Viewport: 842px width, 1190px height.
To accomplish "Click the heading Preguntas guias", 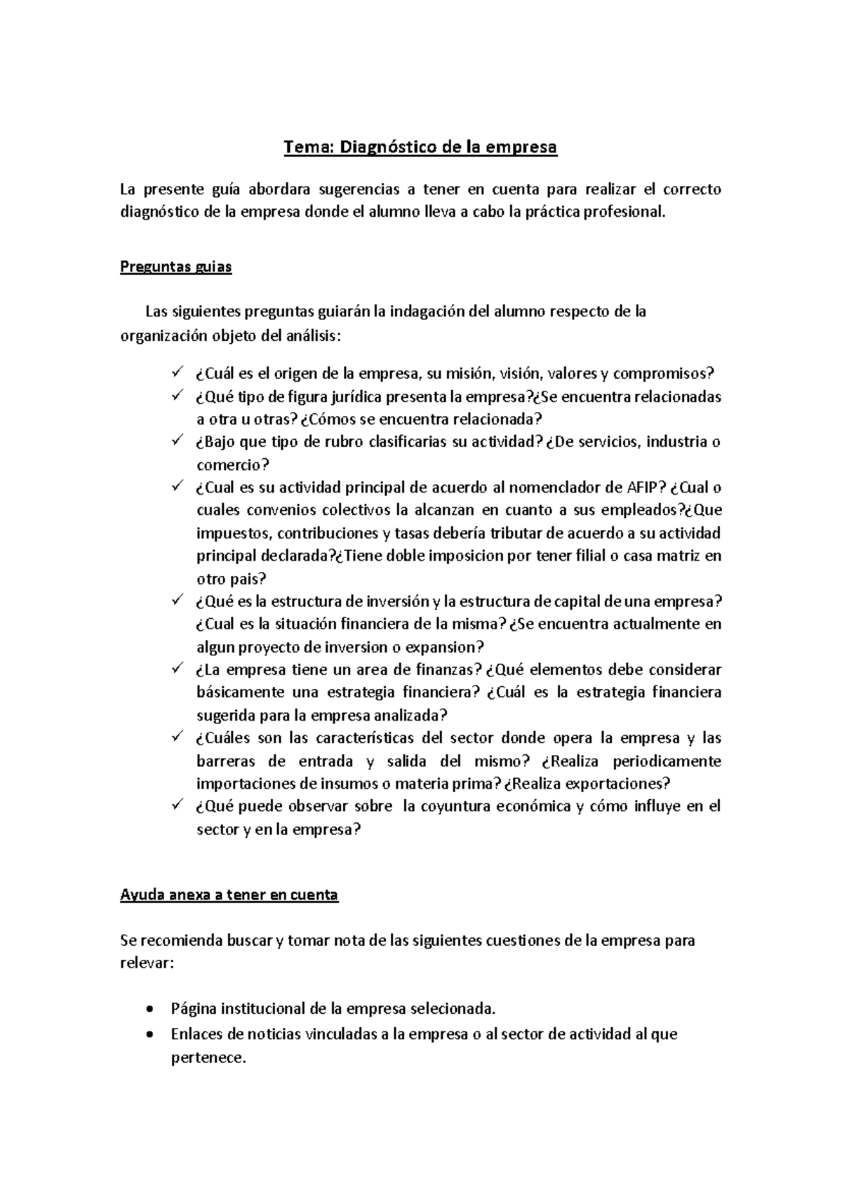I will point(175,267).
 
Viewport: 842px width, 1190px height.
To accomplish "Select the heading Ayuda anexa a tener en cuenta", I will point(229,895).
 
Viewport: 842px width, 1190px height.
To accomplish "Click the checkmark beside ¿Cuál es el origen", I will point(176,372).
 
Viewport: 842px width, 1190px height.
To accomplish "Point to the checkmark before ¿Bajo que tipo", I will point(176,441).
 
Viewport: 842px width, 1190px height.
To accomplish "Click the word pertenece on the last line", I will point(208,1058).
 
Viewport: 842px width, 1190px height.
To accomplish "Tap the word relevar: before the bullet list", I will point(145,963).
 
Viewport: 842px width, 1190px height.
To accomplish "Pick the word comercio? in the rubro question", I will point(232,465).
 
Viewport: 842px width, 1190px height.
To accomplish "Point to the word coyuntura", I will point(455,807).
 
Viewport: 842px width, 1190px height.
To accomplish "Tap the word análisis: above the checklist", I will point(312,336).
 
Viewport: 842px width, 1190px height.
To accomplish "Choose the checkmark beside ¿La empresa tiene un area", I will point(176,668).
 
